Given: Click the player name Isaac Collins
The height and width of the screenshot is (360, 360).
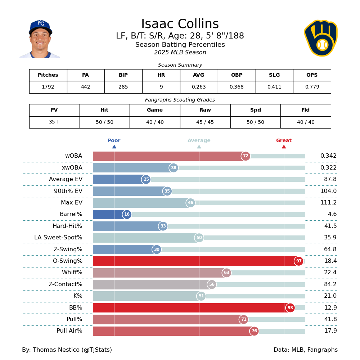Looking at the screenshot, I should tap(180, 24).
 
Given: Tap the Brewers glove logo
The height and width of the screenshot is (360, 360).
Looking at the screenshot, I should tap(321, 38).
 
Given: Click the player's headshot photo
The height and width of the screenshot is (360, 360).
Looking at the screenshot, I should tap(40, 39).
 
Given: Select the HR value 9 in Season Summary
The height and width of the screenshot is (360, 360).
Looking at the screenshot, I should tap(161, 87).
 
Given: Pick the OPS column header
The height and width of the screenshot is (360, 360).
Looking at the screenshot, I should tap(312, 75).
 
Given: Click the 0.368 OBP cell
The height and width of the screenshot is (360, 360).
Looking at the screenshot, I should tap(237, 87).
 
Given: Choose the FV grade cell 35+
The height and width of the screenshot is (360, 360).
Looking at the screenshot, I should tap(54, 122).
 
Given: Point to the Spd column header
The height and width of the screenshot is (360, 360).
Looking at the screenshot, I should tap(255, 110).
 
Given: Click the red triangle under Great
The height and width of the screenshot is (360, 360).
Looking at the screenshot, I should tap(284, 147).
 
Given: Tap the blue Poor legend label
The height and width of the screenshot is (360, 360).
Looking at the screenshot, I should tap(114, 141).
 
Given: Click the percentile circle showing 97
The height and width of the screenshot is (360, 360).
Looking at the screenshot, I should tap(299, 261).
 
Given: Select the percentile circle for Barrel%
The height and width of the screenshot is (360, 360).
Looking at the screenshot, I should tap(127, 215).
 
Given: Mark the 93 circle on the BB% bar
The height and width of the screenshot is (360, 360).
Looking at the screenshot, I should tap(290, 308).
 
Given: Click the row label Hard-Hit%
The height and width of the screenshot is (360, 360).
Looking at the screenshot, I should tap(67, 226).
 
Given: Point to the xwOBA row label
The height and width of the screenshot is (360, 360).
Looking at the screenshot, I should tap(72, 168).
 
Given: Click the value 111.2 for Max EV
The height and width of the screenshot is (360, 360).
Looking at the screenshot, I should tap(328, 203).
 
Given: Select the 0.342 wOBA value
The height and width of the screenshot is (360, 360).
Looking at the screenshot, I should tap(328, 156).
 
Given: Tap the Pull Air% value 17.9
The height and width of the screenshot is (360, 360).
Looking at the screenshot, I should tap(330, 331).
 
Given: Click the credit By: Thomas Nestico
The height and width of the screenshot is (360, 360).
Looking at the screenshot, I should tap(67, 350).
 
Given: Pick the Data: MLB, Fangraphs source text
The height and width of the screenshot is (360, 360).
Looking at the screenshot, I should tap(305, 350).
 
